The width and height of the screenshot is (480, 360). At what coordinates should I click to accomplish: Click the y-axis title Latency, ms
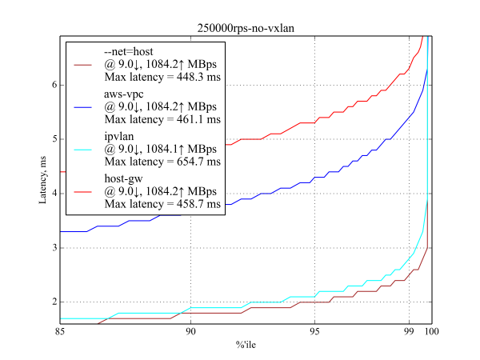(44, 180)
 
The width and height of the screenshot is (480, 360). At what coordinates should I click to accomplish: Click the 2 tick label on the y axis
(51, 302)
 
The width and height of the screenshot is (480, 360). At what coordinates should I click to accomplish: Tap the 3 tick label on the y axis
(51, 248)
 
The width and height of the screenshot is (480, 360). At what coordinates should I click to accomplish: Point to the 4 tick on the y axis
(51, 194)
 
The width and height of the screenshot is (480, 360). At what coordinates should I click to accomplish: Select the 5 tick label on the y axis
(51, 139)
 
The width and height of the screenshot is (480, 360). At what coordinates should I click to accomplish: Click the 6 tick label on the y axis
(51, 85)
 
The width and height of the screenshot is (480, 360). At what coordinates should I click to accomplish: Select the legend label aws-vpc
(126, 94)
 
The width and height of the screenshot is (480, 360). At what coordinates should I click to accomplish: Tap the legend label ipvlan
(121, 135)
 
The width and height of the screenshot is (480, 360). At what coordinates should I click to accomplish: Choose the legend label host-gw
(125, 177)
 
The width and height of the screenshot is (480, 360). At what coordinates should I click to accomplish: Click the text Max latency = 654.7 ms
(162, 162)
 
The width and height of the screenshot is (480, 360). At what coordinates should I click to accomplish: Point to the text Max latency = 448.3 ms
(162, 78)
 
